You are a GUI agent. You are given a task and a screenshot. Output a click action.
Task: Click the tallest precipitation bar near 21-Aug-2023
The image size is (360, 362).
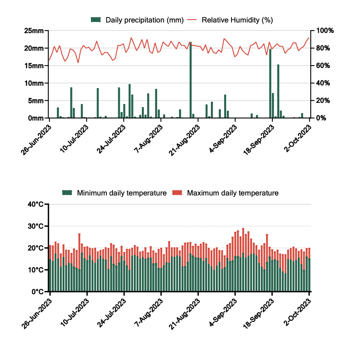191,80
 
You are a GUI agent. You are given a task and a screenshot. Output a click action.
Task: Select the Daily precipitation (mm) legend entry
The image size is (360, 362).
137,20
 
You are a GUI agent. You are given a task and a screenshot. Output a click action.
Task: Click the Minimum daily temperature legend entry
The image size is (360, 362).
115,193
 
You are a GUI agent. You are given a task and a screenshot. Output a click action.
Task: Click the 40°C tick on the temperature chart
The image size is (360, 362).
38,205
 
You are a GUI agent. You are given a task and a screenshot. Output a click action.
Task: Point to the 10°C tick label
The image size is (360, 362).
38,270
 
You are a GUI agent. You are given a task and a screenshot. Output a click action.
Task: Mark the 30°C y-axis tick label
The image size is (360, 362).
38,226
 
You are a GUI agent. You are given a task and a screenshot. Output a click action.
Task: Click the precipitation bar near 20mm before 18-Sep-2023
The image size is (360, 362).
270,83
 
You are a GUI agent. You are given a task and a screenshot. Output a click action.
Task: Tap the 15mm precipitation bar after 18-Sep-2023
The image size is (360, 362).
278,91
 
